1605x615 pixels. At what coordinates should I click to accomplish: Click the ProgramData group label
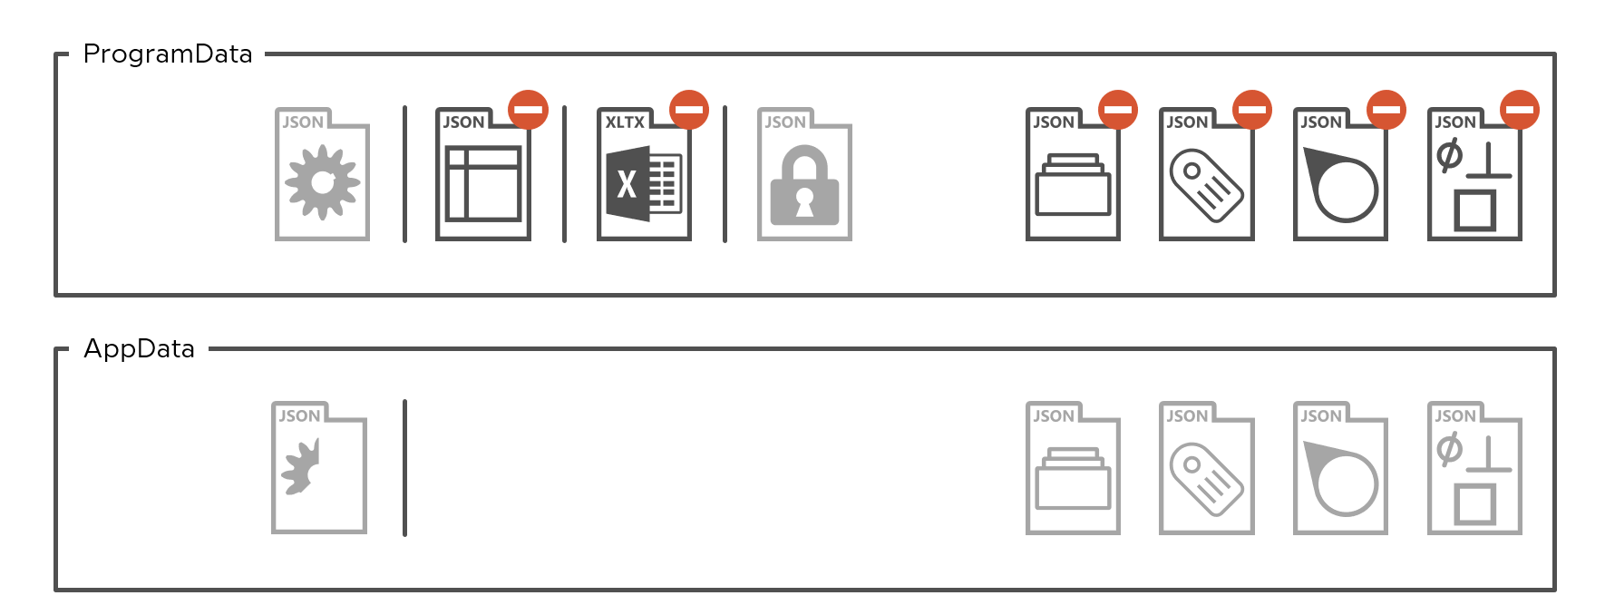coord(168,54)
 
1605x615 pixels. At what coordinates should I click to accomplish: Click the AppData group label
coord(140,349)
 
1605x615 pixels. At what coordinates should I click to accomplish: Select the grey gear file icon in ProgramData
coord(322,174)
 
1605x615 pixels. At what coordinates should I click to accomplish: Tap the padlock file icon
coord(804,174)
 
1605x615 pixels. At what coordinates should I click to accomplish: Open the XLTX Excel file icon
coord(644,174)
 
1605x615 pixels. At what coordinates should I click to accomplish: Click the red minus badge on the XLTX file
coord(689,110)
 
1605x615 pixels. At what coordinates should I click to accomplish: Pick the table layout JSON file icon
coord(483,174)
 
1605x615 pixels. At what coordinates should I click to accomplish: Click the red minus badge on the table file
coord(528,110)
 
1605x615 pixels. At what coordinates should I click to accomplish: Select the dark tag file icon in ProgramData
coord(1207,174)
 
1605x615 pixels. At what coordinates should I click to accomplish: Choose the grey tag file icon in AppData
coord(1207,468)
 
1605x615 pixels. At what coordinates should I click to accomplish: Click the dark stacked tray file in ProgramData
coord(1073,174)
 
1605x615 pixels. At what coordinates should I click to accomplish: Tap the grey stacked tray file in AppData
coord(1073,468)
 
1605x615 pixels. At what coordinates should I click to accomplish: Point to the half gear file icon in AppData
coord(319,468)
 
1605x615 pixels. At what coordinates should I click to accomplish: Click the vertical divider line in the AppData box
coord(404,468)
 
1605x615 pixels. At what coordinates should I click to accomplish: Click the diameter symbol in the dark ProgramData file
coord(1449,155)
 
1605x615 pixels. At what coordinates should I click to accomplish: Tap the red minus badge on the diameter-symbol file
coord(1520,110)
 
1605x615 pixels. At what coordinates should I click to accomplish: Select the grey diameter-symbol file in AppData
coord(1474,468)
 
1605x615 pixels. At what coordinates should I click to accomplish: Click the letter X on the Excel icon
coord(627,184)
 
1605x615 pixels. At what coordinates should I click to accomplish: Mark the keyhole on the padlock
coord(804,201)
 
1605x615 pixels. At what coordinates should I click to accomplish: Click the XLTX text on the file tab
coord(625,122)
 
